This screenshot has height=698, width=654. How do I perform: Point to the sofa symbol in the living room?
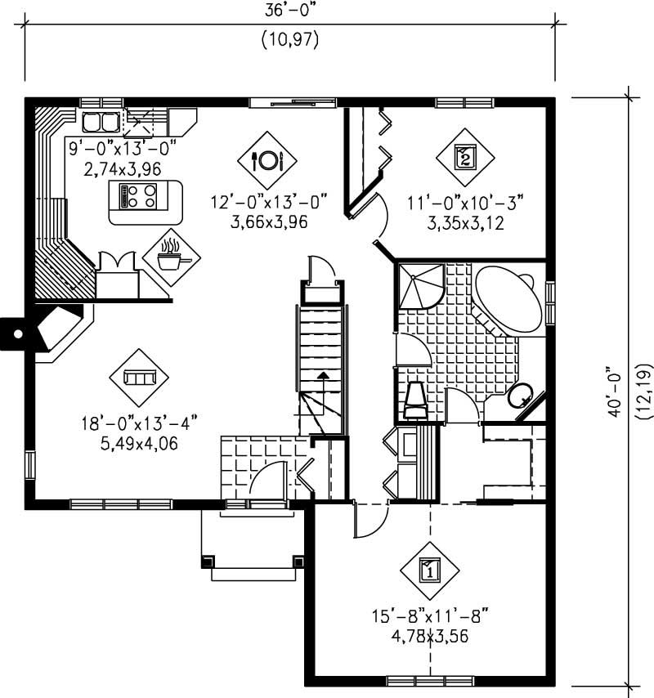139,377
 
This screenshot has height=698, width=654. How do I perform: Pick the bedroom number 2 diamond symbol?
464,155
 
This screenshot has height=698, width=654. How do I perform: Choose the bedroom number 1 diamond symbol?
430,569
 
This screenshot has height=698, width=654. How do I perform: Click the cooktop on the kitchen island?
138,196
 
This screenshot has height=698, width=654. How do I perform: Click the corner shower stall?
419,285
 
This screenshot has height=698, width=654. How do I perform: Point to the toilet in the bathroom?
415,400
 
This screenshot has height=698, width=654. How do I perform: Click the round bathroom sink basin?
517,397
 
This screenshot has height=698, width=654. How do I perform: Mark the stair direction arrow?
324,377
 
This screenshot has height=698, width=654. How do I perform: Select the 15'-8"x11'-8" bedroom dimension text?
430,615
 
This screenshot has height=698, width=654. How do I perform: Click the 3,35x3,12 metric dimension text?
464,221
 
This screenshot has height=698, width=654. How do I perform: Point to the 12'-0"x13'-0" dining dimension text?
268,201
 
